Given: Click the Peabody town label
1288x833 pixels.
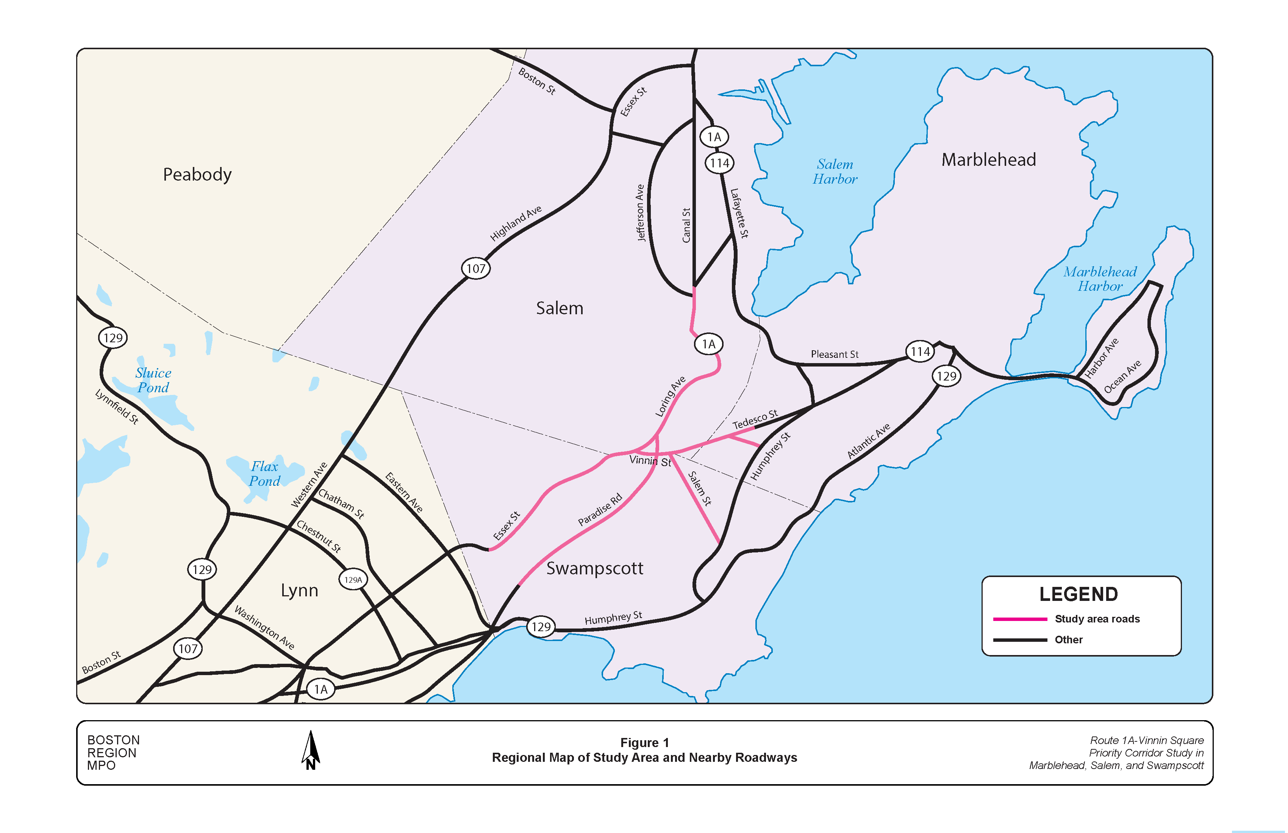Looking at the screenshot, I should tap(197, 175).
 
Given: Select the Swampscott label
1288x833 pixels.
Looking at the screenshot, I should tap(594, 568).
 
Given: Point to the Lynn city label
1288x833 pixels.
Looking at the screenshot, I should tap(299, 590).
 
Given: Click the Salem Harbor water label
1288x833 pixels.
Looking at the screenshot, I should tap(835, 172).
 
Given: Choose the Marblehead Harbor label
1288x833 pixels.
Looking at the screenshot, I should tap(1100, 279).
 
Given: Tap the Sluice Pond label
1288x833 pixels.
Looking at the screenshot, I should tap(153, 380).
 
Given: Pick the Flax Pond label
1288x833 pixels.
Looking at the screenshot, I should tap(265, 474).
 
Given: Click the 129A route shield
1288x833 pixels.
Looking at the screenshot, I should tap(353, 580).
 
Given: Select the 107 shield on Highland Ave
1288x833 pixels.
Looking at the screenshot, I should tap(476, 268).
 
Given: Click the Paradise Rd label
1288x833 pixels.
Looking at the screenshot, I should tap(600, 510).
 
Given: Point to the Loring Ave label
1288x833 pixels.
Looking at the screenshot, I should tap(670, 396).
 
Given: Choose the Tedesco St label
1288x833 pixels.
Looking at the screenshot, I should tap(755, 419).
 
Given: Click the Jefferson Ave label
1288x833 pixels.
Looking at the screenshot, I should tap(640, 212).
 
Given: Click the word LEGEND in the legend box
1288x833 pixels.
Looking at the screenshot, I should tap(1078, 594).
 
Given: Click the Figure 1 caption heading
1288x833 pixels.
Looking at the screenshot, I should tap(644, 743).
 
